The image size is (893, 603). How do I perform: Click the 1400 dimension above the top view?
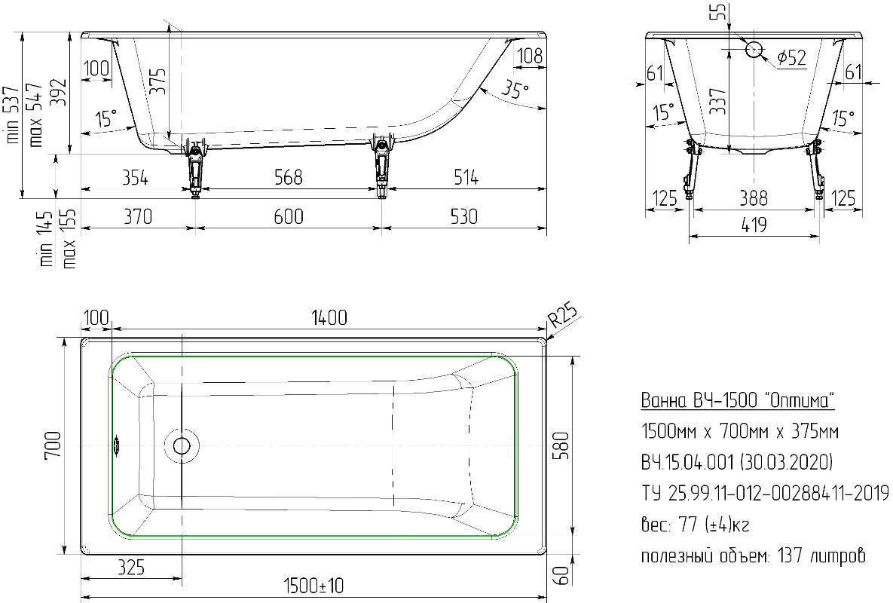tap(329, 317)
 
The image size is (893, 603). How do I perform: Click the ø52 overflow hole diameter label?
tap(791, 57)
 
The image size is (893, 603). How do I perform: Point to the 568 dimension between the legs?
tap(288, 178)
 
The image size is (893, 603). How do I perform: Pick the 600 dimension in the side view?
tap(288, 216)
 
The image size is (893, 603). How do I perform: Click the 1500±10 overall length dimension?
tap(313, 585)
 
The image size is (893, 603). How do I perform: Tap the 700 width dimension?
tap(52, 446)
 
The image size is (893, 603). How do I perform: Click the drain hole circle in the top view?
tap(182, 445)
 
